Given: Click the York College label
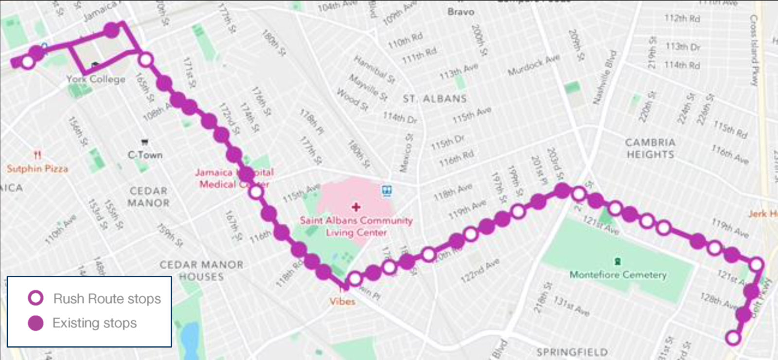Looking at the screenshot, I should (x=96, y=79).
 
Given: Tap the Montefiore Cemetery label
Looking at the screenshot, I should (x=618, y=275).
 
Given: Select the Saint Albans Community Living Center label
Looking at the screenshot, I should (x=356, y=226).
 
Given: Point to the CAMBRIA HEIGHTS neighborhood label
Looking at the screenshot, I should (x=650, y=148).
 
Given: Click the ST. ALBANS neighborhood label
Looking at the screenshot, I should (x=434, y=99).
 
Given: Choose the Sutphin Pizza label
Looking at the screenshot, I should (x=37, y=169).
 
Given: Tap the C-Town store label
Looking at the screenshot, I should (x=145, y=155).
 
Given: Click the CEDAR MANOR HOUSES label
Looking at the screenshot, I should (x=201, y=270).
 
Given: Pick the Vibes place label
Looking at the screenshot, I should (x=342, y=302).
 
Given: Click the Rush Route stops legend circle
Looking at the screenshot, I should (x=36, y=298).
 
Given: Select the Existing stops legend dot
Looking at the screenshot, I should (x=35, y=323).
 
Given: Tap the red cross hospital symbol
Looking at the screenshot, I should (x=356, y=207).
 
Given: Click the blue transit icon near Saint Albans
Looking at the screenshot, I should (x=387, y=190).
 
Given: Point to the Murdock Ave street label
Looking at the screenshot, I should (x=533, y=65).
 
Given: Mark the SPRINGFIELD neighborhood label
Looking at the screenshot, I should (x=572, y=352).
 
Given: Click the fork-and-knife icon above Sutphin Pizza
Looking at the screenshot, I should (x=37, y=155).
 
